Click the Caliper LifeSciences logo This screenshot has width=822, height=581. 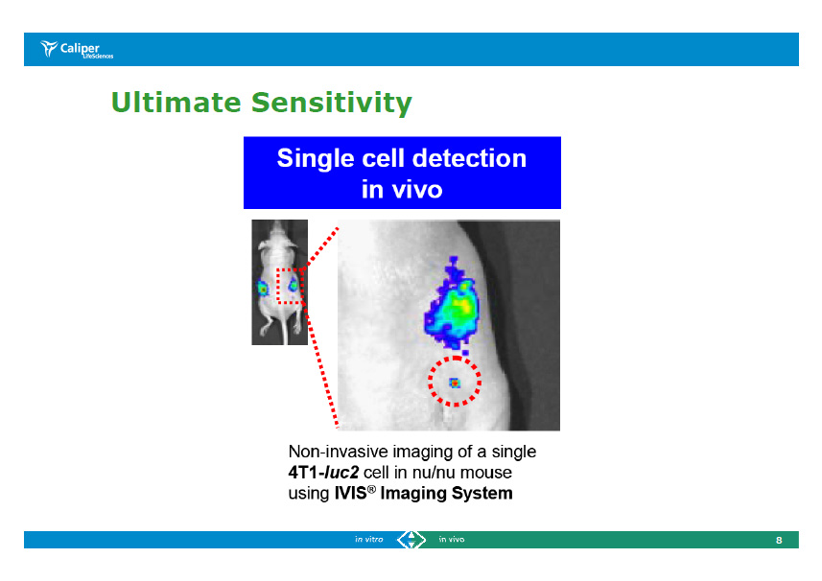pos(77,50)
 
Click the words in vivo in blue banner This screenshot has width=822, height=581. pos(402,189)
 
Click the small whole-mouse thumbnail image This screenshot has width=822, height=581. pos(279,282)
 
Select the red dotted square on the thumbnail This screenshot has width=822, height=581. pos(289,286)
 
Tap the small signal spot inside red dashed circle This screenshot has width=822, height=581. pos(455,383)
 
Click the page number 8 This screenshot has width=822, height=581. pos(779,541)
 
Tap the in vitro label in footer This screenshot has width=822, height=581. pos(368,540)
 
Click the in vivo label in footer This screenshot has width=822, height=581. pos(452,540)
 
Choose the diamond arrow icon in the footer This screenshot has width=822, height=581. pos(411,540)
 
